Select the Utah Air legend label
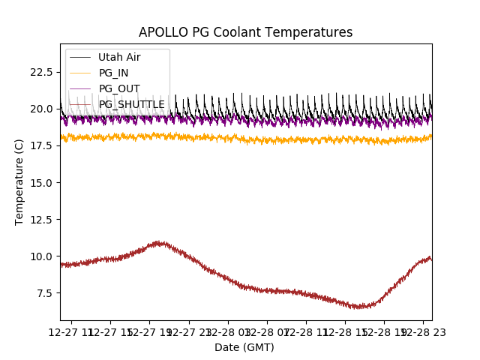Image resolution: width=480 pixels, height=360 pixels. click(119, 57)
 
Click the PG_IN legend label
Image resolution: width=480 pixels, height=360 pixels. click(113, 73)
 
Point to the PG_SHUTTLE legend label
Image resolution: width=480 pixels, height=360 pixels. click(131, 104)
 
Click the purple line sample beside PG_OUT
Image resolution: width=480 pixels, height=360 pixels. click(81, 88)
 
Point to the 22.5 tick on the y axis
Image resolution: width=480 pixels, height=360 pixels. click(39, 72)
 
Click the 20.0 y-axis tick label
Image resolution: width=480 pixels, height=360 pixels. click(39, 109)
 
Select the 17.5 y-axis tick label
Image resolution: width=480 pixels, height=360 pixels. click(39, 145)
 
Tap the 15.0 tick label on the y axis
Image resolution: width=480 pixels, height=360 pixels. click(39, 182)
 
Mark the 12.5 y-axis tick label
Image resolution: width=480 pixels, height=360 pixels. click(39, 219)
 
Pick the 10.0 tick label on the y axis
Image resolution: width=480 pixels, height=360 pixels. click(39, 256)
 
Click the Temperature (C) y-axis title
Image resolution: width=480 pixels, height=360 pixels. click(19, 182)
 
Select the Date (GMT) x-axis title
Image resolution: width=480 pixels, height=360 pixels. click(244, 347)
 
